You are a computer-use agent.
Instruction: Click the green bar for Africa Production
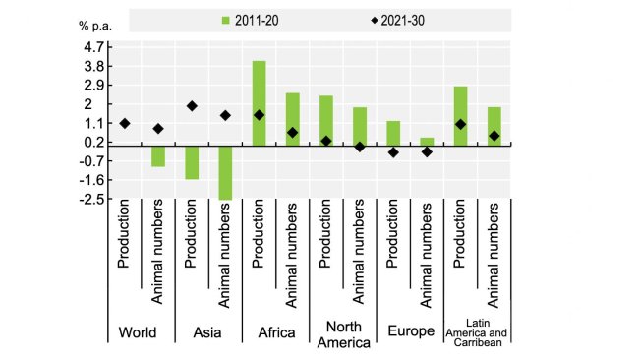[260, 103]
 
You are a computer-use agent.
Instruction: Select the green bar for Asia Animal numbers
[225, 172]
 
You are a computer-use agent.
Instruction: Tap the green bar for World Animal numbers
[157, 155]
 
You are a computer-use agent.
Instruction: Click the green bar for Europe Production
[393, 133]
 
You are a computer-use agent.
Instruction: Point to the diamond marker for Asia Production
[192, 106]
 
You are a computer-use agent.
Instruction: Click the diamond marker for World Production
[125, 123]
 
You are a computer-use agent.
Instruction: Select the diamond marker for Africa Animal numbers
[293, 133]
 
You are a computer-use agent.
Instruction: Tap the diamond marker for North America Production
[326, 141]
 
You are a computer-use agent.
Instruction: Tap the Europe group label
[410, 332]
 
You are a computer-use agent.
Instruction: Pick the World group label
[138, 332]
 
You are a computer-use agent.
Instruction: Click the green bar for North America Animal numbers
[360, 126]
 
